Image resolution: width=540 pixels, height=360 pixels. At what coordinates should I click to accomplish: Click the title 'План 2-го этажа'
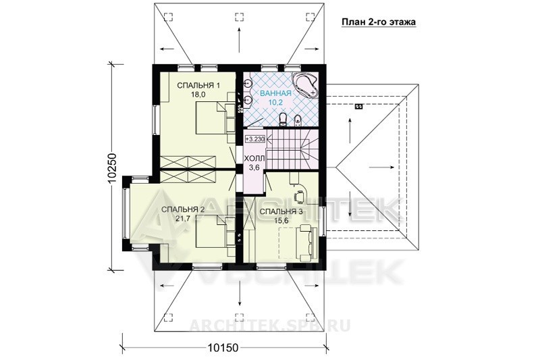379,22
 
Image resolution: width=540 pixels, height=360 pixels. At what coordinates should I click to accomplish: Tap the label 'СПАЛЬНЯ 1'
198,85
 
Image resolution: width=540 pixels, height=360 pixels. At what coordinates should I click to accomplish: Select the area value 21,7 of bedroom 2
183,217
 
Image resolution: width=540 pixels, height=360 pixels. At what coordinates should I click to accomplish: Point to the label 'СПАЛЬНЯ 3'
281,211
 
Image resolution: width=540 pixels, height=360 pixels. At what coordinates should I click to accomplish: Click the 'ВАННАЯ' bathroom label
275,93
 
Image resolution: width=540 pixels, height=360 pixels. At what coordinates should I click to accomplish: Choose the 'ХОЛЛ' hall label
254,159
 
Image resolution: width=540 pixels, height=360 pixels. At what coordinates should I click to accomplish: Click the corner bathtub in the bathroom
305,84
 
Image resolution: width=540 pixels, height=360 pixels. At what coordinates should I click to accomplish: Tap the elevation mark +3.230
256,139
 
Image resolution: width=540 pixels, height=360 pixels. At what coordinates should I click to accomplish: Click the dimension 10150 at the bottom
223,348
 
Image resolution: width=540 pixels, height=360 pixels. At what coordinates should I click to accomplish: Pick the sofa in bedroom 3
308,242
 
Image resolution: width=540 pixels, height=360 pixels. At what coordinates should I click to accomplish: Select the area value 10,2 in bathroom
275,101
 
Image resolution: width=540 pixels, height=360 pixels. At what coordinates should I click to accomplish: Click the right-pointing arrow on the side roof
382,168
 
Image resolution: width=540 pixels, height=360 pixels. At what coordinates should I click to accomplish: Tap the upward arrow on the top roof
239,40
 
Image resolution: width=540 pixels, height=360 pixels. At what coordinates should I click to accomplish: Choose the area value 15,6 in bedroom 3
281,220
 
